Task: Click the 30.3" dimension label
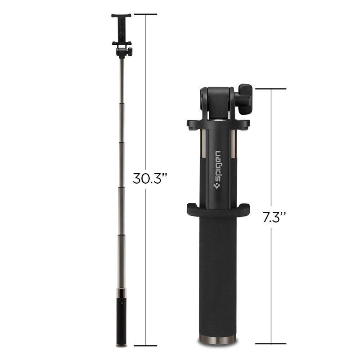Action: [150, 179]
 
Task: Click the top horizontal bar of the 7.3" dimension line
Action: [271, 89]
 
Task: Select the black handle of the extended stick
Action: [121, 324]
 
